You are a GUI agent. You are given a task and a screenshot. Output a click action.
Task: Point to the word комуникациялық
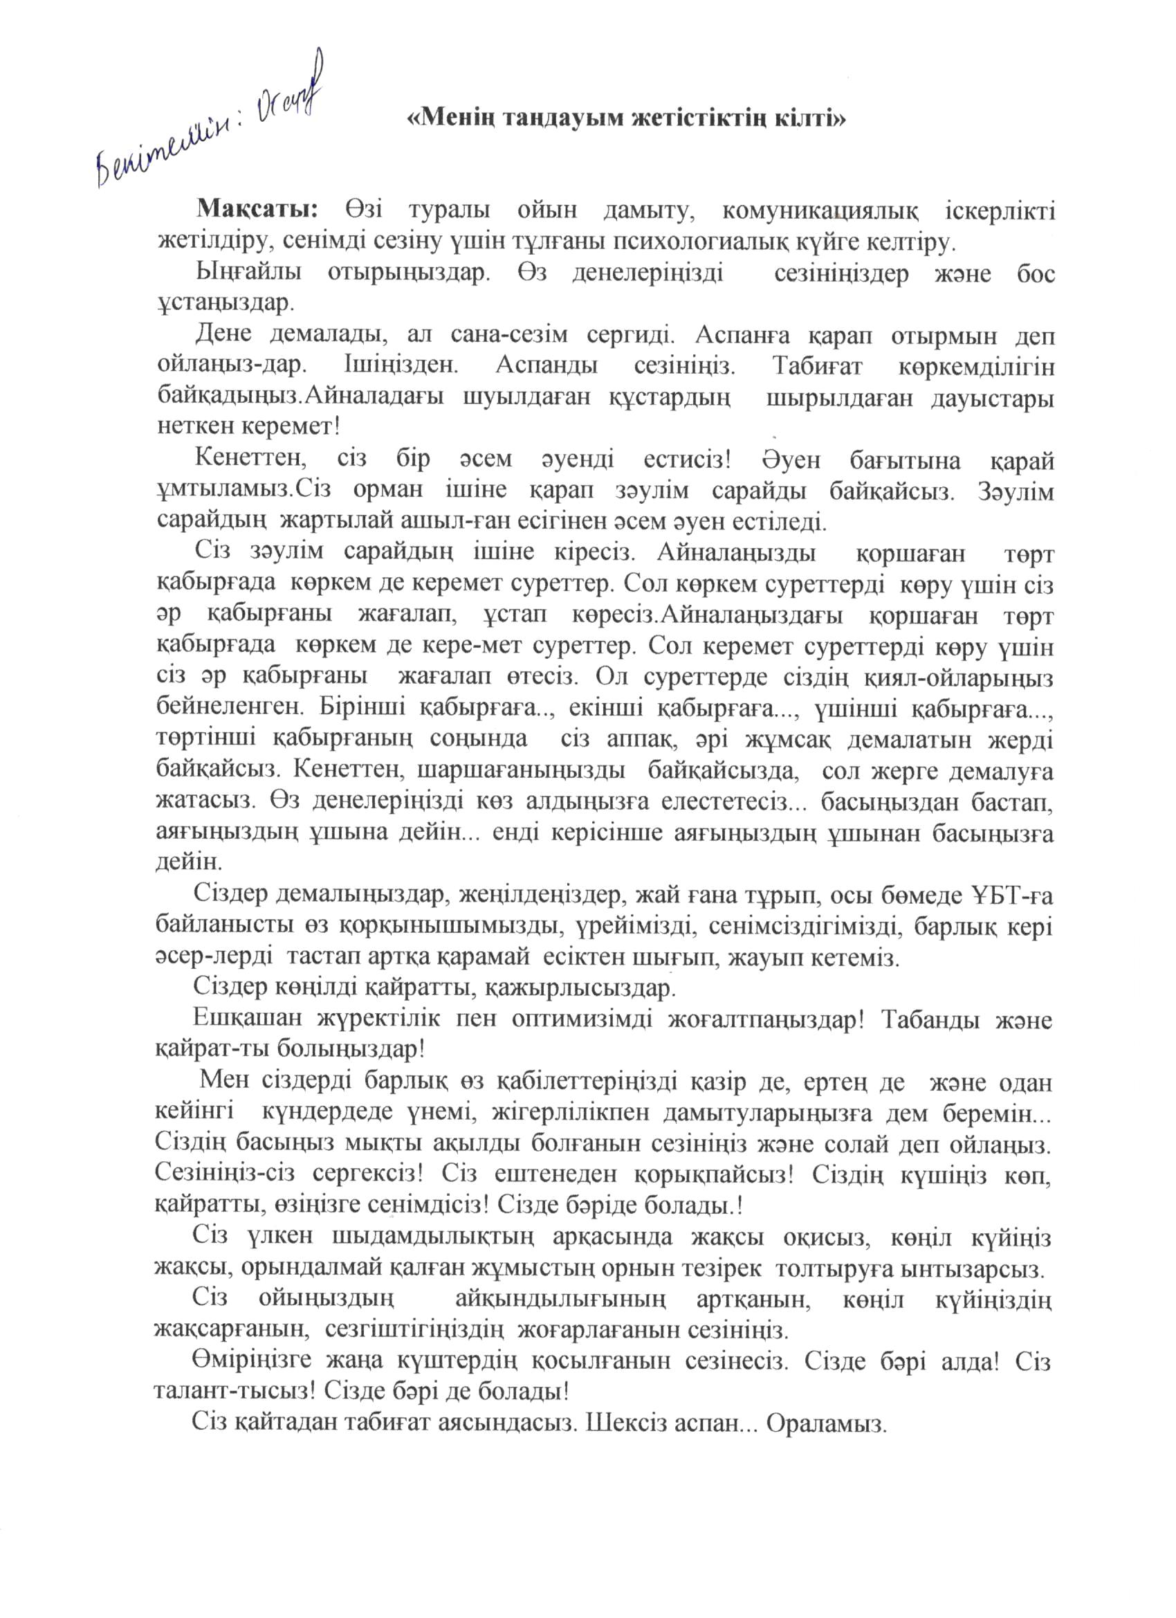click(x=819, y=212)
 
